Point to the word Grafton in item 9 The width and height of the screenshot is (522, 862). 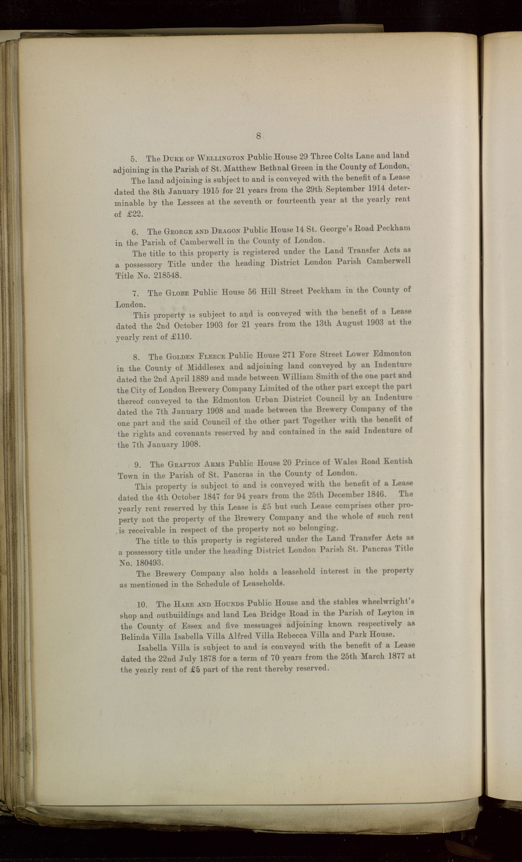(184, 465)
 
